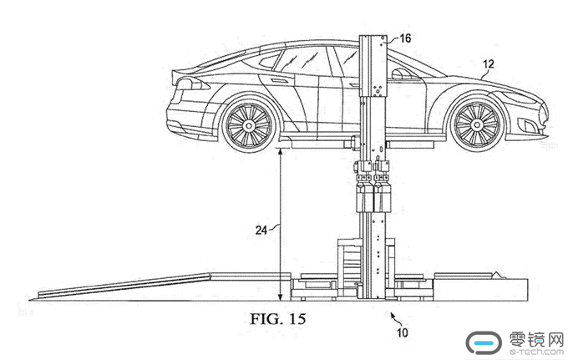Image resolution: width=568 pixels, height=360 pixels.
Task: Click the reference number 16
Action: click(405, 38)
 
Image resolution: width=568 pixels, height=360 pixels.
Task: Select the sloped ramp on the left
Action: click(125, 282)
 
